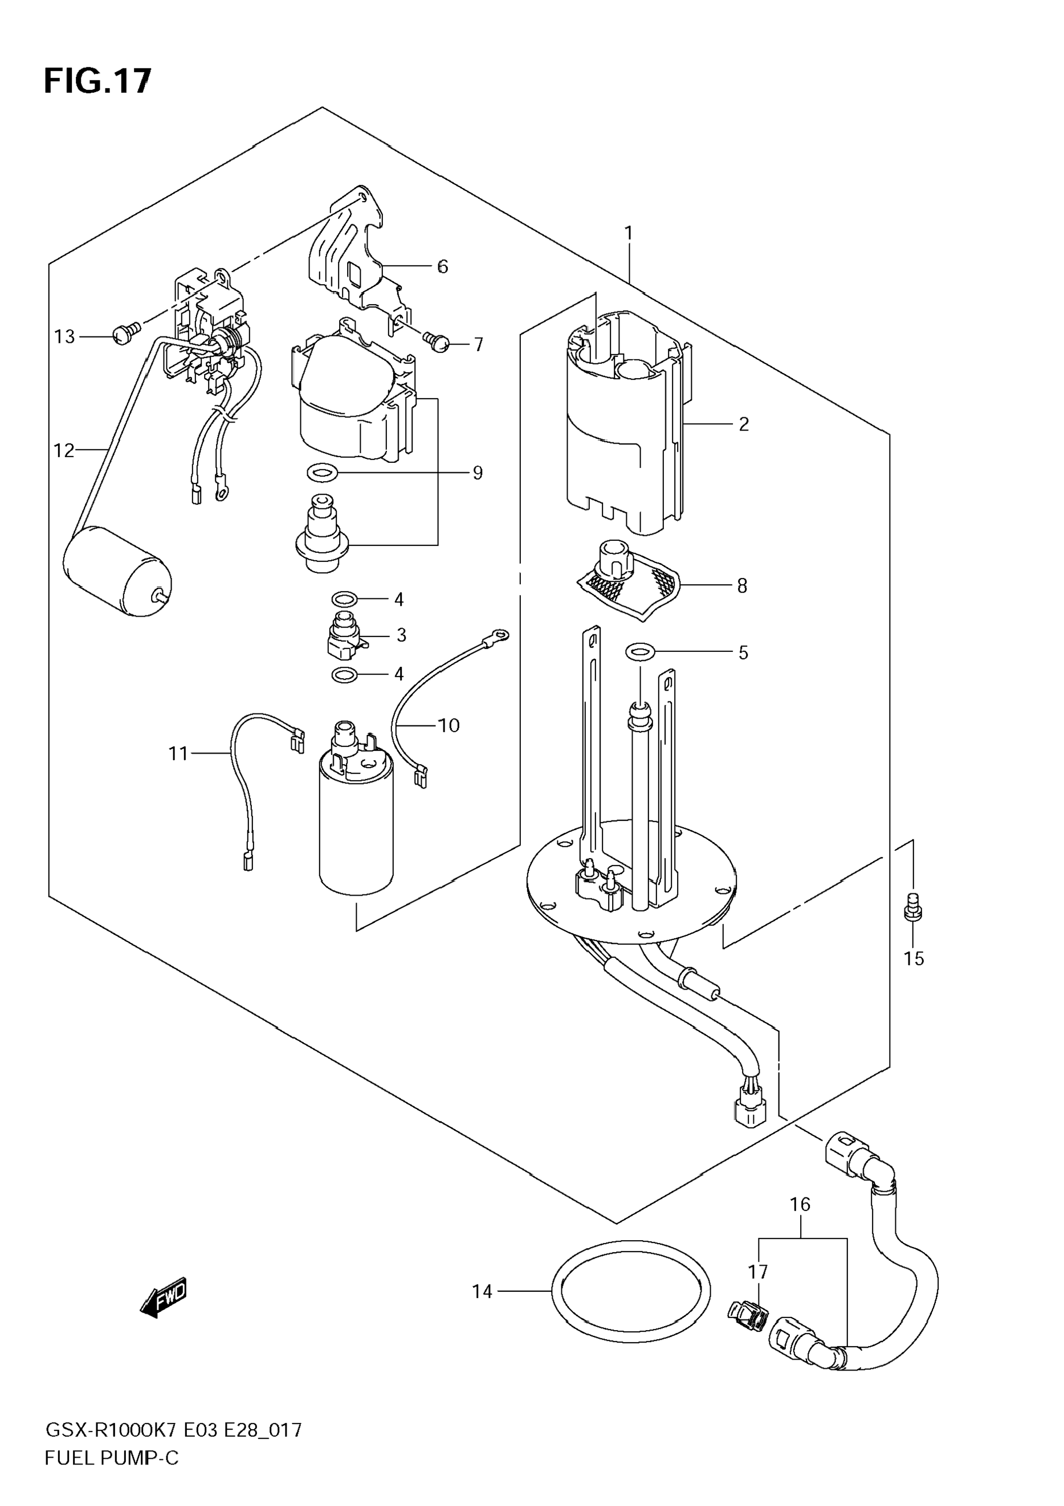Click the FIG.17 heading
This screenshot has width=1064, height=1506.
[x=97, y=81]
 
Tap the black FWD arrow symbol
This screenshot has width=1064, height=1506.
[x=164, y=1297]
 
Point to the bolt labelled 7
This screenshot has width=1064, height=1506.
[x=436, y=340]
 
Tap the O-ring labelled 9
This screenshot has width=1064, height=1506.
[x=323, y=471]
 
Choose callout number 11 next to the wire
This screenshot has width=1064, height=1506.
[x=178, y=754]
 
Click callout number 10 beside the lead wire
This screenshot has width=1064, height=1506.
[x=449, y=725]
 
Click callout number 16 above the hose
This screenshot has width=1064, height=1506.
[x=800, y=1204]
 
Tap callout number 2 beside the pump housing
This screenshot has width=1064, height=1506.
[x=744, y=424]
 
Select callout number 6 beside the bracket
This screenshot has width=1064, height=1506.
[x=442, y=266]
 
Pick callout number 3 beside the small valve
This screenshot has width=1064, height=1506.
[x=401, y=635]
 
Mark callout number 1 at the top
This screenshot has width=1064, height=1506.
[x=628, y=233]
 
